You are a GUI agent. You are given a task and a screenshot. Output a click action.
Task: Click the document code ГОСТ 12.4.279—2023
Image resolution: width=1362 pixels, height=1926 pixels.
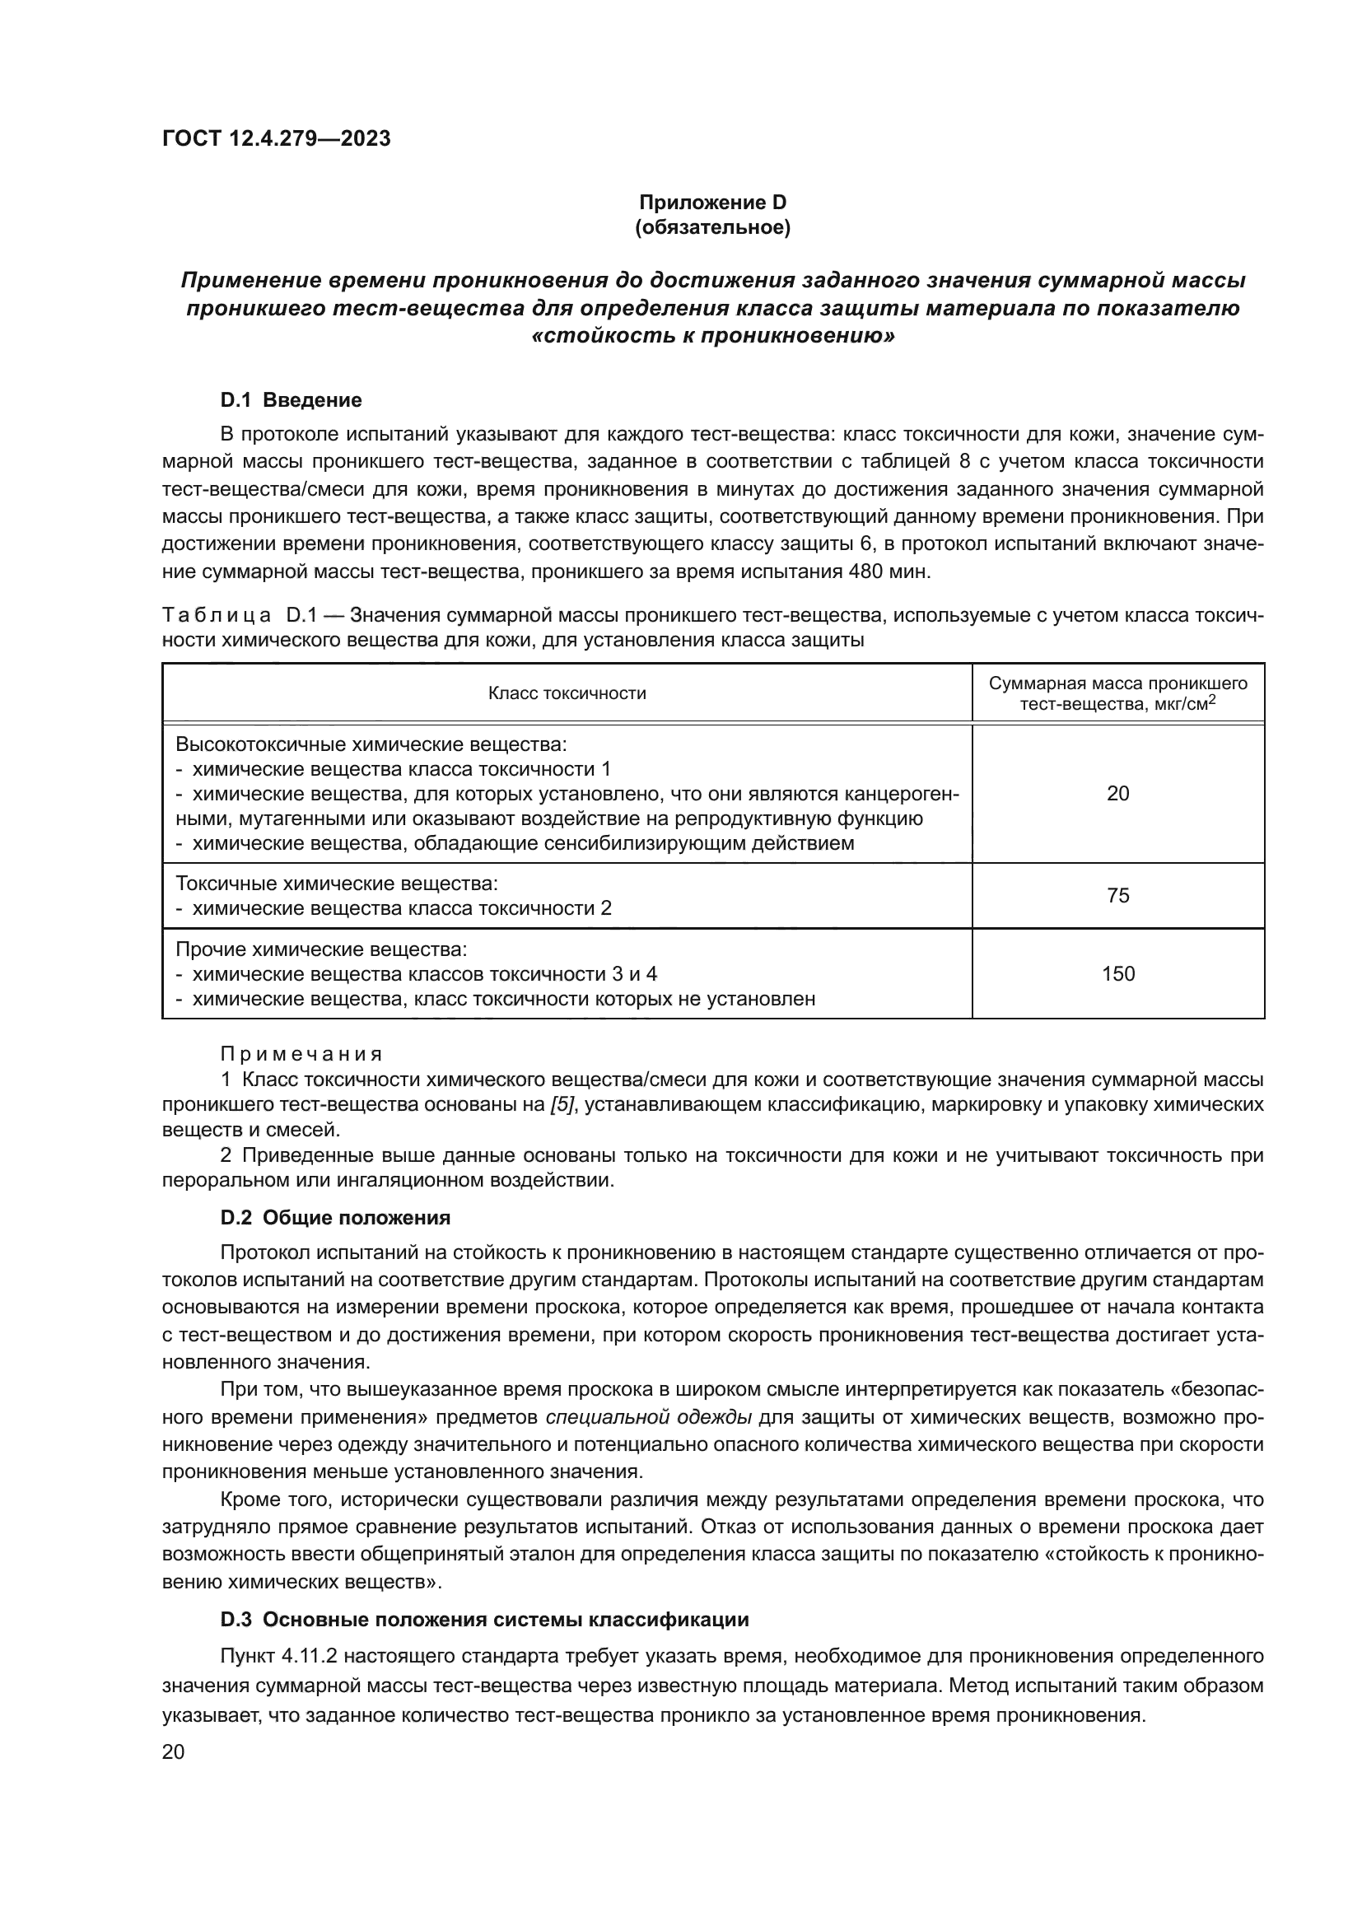(276, 138)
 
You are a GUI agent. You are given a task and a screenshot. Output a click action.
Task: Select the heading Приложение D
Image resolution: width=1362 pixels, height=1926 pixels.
(713, 203)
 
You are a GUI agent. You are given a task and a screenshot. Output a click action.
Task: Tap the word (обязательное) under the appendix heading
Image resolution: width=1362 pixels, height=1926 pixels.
(713, 227)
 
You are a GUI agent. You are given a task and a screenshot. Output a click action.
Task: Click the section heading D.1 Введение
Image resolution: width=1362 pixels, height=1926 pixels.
(291, 400)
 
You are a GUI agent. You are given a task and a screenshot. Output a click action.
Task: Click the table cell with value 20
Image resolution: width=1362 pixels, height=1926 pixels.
(1117, 794)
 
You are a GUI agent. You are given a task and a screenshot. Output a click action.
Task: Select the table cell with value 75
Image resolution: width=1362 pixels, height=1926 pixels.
(1117, 895)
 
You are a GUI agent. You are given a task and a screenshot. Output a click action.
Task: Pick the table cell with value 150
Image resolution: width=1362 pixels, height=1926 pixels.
(1117, 973)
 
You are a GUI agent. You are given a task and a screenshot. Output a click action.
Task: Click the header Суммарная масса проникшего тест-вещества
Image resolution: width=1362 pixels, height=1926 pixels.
(1117, 693)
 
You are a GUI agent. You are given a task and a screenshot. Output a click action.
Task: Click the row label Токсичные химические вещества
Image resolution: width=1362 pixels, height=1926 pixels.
(336, 884)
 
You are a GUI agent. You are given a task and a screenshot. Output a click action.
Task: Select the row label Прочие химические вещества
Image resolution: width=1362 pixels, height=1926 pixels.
(320, 949)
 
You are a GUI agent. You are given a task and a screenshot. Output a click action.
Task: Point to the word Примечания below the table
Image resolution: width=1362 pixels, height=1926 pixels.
(301, 1054)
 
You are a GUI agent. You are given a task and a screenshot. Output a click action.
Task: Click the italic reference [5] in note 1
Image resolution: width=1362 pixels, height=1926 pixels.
(562, 1105)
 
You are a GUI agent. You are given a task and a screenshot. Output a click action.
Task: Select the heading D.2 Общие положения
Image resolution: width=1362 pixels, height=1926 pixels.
(335, 1217)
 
